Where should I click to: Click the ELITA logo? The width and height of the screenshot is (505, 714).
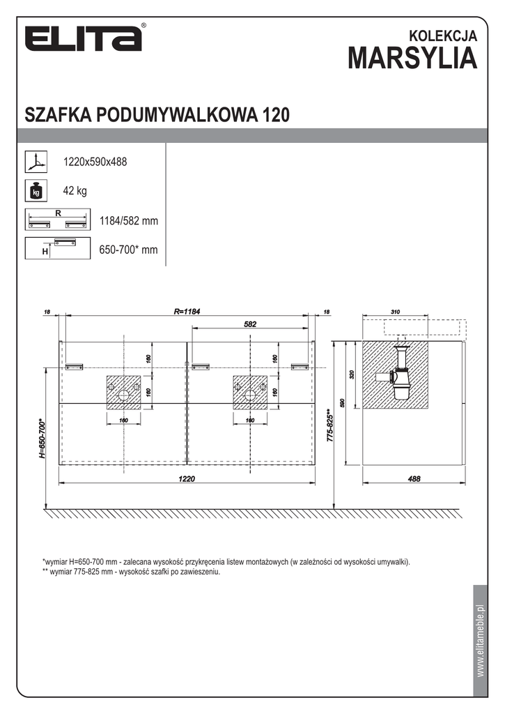tap(84, 39)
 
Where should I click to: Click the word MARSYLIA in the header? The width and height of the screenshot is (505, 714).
tap(413, 59)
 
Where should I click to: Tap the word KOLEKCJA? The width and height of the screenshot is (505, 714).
tap(443, 34)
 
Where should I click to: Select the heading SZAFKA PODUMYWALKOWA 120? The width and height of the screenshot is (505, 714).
tap(157, 114)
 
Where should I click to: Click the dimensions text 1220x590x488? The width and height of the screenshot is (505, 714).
tap(95, 162)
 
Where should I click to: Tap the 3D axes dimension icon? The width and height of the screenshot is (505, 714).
tap(35, 162)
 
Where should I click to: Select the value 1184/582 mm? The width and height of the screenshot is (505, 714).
tap(129, 221)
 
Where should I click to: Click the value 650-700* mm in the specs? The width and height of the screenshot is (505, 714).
tap(129, 249)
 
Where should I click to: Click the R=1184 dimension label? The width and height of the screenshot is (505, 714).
tap(187, 312)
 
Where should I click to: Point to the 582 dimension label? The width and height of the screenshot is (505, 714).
tap(251, 324)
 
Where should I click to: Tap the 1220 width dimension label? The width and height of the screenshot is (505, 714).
tap(187, 478)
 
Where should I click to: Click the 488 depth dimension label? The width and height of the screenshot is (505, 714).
tap(413, 478)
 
